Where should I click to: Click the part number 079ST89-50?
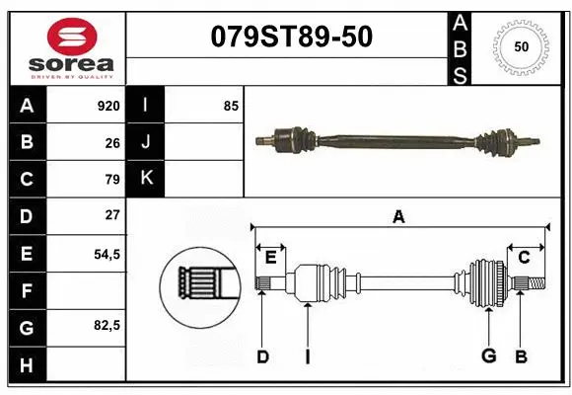(x=291, y=37)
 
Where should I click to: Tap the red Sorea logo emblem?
(x=65, y=37)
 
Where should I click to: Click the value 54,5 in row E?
(x=107, y=253)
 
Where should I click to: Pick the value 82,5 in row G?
(x=107, y=325)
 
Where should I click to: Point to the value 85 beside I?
(x=231, y=105)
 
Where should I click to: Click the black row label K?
(x=146, y=178)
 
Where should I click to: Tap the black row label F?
(x=27, y=290)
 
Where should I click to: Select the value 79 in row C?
(x=111, y=179)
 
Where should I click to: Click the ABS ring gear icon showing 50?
(x=520, y=46)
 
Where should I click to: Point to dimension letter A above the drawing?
(x=398, y=216)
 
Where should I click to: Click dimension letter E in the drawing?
(x=270, y=258)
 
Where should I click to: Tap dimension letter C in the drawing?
(x=524, y=258)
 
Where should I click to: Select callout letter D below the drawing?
(x=262, y=357)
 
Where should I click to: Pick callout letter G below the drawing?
(x=487, y=357)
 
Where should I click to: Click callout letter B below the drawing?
(x=522, y=357)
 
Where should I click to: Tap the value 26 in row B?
(x=111, y=142)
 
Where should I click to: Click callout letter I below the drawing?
(x=308, y=357)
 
